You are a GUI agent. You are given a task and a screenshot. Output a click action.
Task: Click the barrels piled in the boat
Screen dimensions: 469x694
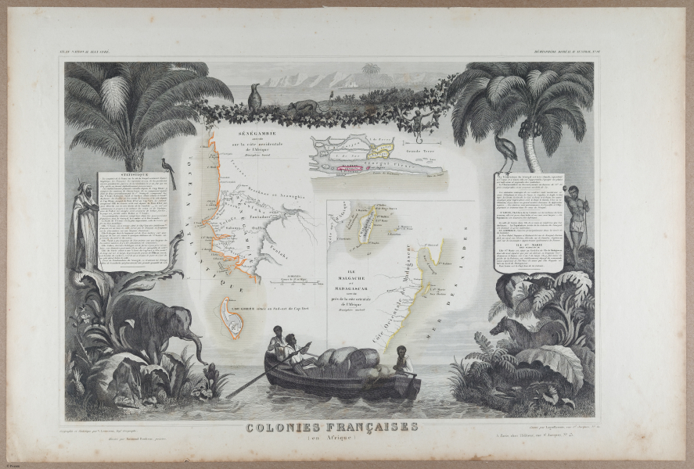(x=344, y=363)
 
